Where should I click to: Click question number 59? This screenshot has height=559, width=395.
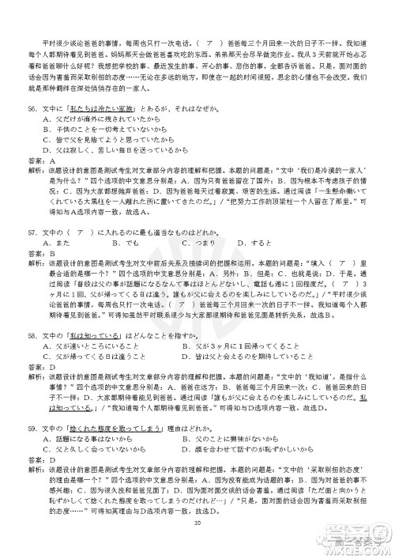pyautogui.click(x=32, y=428)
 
